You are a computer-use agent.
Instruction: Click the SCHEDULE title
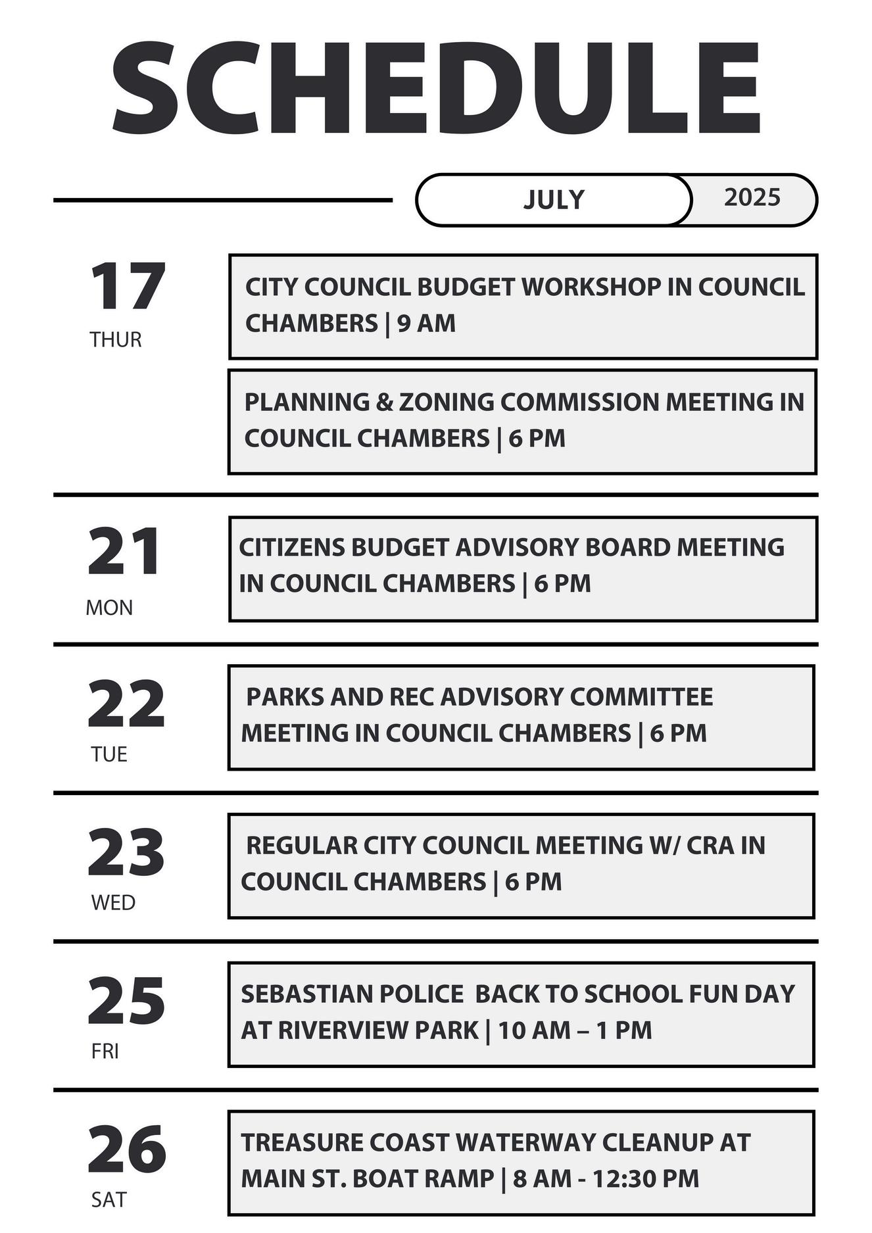(435, 88)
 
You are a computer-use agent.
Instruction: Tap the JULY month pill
(554, 199)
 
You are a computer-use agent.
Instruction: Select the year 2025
(752, 197)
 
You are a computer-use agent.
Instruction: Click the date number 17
(127, 287)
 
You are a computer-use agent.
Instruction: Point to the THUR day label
(116, 340)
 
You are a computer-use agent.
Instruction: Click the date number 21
(124, 552)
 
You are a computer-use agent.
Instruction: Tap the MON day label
(109, 608)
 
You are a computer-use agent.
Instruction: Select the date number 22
(126, 704)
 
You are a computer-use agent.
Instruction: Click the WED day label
(113, 903)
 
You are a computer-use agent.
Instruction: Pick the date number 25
(126, 1001)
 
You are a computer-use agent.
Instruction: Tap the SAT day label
(109, 1200)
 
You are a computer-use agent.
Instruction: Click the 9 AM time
(426, 324)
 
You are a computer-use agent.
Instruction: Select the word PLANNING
(306, 402)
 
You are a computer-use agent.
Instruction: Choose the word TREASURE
(300, 1143)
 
